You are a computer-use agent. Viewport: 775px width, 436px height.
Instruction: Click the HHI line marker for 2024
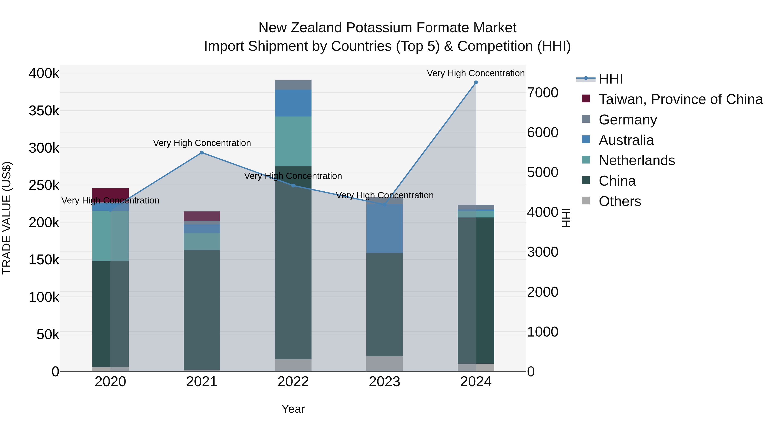click(476, 82)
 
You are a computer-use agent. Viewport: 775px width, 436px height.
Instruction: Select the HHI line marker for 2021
click(202, 153)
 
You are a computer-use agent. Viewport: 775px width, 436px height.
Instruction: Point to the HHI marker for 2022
click(293, 186)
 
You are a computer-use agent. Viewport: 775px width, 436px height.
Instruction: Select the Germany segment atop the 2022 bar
click(293, 85)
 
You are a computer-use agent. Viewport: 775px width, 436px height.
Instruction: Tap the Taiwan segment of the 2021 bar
click(202, 216)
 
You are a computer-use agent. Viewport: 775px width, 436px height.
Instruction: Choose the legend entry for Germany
click(628, 120)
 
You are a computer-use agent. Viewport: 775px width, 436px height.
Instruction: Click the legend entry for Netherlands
click(637, 160)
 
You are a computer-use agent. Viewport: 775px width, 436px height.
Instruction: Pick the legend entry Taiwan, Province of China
click(680, 99)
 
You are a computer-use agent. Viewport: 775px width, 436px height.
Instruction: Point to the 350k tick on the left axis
click(44, 111)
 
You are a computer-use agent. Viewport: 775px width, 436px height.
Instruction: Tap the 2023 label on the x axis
click(384, 382)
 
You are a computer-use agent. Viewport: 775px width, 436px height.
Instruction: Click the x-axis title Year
click(293, 409)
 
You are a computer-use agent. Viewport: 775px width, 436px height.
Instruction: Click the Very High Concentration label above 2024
click(476, 73)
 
